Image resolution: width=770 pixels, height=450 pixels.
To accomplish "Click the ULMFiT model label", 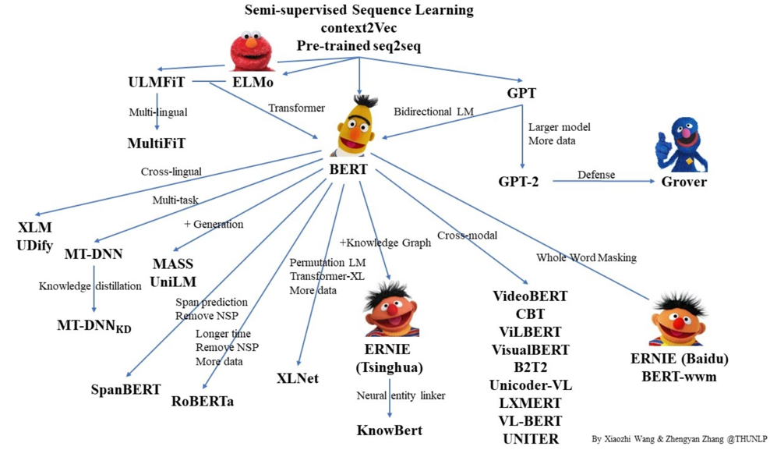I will (x=158, y=82).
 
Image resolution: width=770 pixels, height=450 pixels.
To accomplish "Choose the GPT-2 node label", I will (x=518, y=182).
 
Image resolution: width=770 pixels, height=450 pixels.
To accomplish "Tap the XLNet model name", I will (x=298, y=378).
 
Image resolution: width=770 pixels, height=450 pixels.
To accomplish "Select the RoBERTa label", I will (x=203, y=401).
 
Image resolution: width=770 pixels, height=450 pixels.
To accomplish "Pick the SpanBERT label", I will (x=125, y=389).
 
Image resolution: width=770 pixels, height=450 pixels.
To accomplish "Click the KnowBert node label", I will (x=390, y=430).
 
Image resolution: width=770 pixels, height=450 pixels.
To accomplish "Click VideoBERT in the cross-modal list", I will (x=530, y=296).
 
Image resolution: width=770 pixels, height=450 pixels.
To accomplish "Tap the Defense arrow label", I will (x=595, y=174).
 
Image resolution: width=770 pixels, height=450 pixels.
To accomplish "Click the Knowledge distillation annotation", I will (x=90, y=286).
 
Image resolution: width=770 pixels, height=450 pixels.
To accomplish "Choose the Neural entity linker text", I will (x=401, y=395).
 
